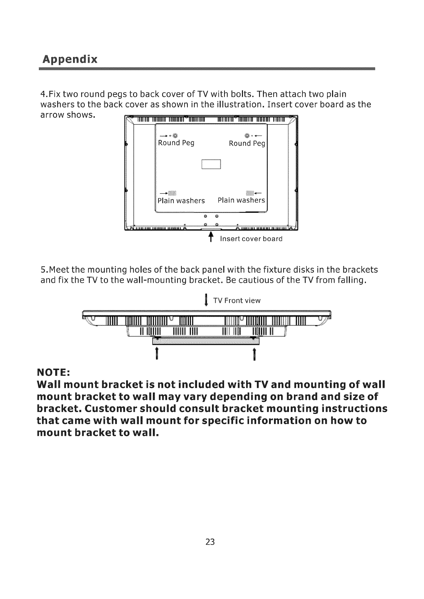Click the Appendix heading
click(69, 58)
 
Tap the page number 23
click(210, 542)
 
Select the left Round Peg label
click(176, 143)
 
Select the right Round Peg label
click(247, 144)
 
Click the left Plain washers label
click(181, 200)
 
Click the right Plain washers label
click(241, 200)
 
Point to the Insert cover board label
click(251, 239)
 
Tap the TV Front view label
click(237, 301)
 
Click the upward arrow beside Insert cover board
click(211, 236)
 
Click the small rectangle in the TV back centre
click(212, 164)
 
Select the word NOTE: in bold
click(53, 373)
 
